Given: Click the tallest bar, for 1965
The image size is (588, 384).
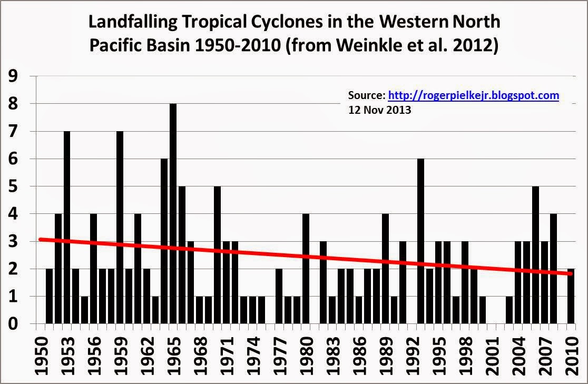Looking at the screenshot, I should [x=173, y=213].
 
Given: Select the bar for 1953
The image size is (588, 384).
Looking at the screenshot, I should [x=67, y=227].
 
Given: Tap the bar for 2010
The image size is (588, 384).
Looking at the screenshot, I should [x=571, y=296].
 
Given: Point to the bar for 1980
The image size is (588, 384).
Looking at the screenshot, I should [x=306, y=269].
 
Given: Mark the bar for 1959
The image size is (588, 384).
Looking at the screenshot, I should [x=120, y=227].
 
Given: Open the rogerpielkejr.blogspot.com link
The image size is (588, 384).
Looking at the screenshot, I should [x=473, y=96].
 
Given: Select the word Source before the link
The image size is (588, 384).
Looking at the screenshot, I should [x=366, y=96].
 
